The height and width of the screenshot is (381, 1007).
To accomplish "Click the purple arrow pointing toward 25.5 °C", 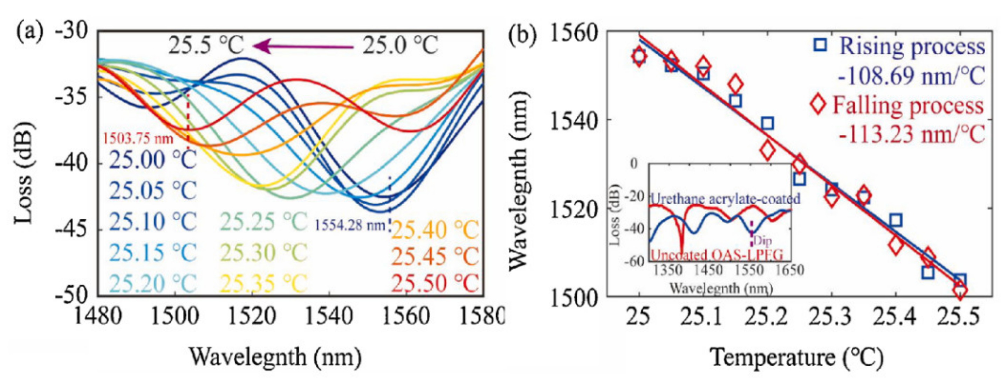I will click(x=303, y=47).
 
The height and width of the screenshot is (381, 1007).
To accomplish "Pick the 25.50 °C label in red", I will click(x=435, y=283).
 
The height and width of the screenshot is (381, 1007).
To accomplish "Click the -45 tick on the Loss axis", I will click(x=72, y=230).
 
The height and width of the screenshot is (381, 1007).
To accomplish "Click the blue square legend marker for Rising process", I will click(x=820, y=45).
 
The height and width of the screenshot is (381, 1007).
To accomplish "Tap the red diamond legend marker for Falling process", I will click(x=818, y=104).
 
